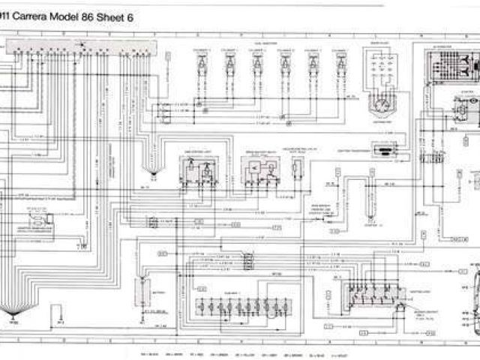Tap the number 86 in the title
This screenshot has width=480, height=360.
tap(101, 14)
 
